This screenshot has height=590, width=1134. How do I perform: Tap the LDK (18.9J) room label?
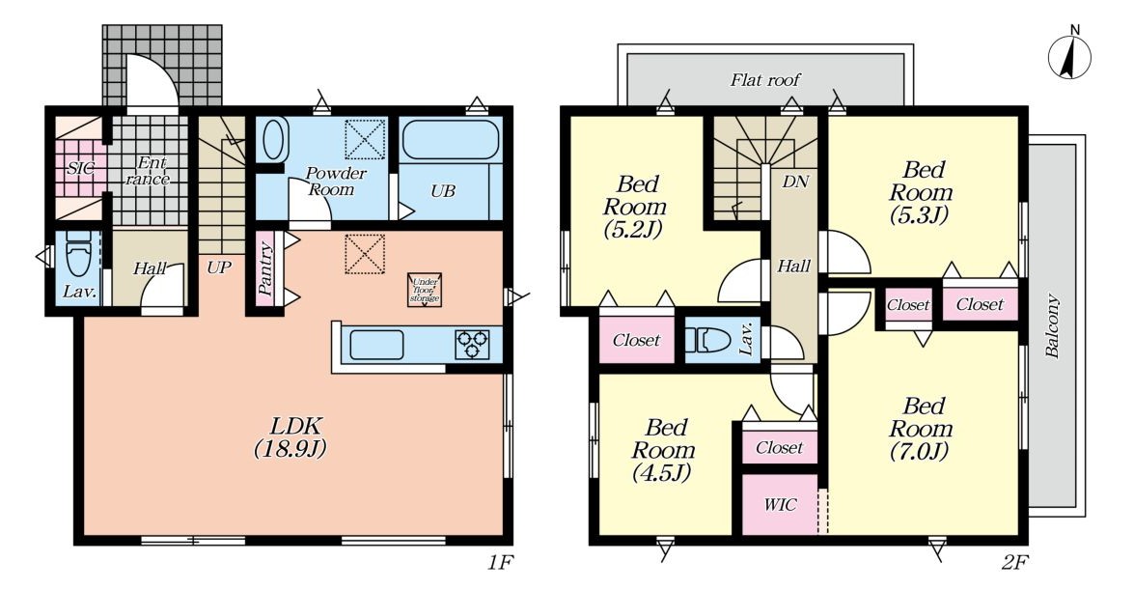point(290,436)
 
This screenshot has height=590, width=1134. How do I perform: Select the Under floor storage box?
point(425,290)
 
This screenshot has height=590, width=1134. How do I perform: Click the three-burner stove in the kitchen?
point(472,345)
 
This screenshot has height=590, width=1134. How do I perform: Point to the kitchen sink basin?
point(376,345)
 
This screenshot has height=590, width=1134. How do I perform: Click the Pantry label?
point(264,269)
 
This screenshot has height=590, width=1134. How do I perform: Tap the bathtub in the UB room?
point(450,140)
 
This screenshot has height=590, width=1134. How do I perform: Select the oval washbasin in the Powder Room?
point(274,140)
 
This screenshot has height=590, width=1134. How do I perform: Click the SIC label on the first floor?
point(80,168)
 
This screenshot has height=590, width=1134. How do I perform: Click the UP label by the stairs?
point(218,267)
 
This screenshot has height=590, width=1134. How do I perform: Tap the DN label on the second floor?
point(795,181)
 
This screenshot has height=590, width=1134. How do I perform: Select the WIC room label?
point(780,505)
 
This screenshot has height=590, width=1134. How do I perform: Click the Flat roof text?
point(765,79)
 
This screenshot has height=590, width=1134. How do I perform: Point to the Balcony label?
point(1052,325)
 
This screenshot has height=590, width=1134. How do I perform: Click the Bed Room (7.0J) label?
point(920,429)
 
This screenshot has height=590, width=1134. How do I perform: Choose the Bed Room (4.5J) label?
point(662,450)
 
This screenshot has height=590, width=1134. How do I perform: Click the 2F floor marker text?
point(1014,563)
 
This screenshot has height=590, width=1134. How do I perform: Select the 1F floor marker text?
point(499,563)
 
